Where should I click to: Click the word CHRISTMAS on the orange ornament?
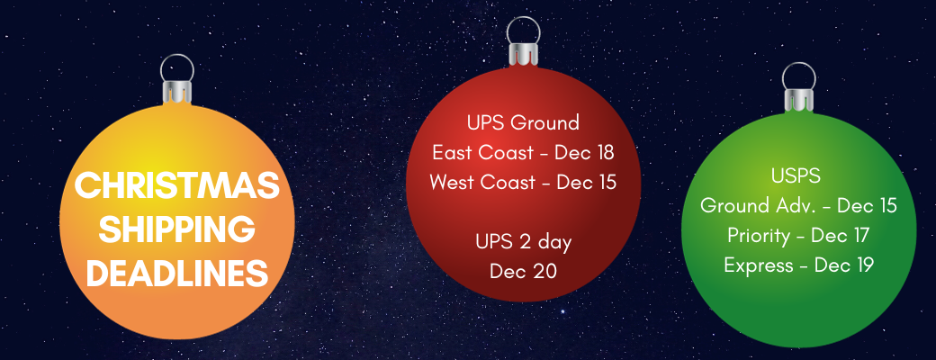176,185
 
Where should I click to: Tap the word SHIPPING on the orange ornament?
177,229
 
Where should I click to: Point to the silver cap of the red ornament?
524,54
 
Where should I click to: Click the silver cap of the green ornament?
799,100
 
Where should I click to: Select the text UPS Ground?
524,122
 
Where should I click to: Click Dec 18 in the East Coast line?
584,152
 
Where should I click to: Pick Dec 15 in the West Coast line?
586,182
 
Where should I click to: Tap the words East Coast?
482,152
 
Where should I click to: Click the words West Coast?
482,182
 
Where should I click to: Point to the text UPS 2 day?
524,242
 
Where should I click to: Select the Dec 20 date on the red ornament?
524,271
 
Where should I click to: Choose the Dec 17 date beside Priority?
840,235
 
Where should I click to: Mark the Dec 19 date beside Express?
844,265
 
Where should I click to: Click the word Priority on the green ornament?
758,236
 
